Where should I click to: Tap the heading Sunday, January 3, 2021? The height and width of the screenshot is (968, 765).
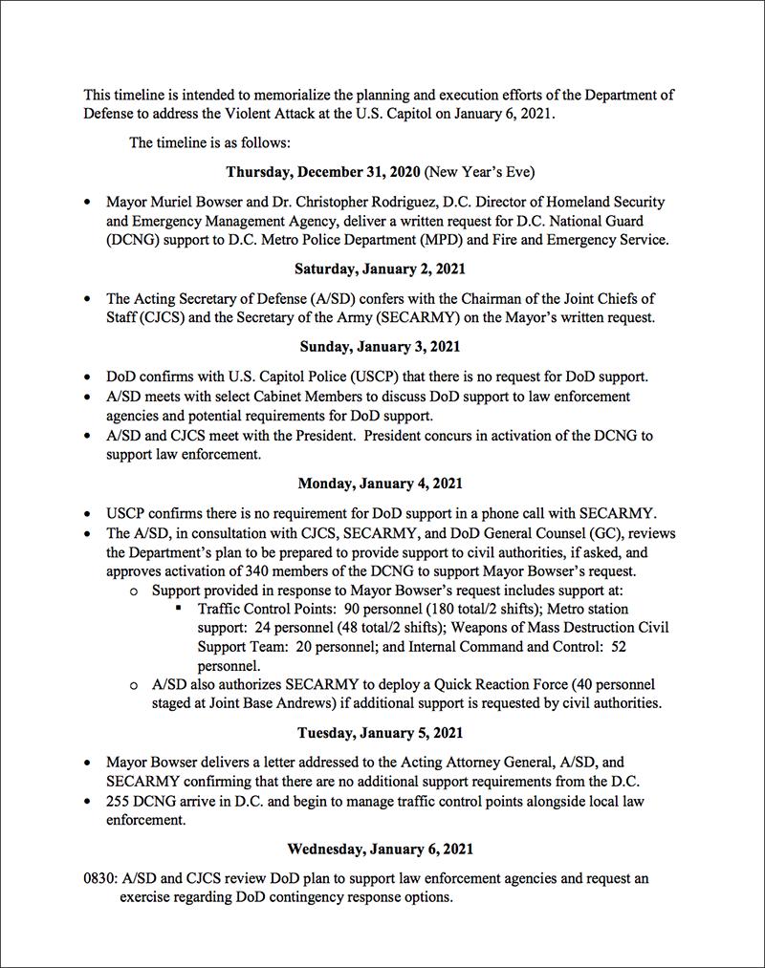coord(380,345)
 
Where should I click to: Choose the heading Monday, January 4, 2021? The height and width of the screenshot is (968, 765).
coord(380,484)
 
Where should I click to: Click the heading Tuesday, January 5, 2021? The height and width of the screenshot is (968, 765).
coord(380,733)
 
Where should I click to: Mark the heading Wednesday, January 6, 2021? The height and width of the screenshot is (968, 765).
coord(380,849)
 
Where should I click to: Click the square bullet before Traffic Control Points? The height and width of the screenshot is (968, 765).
coord(179,608)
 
